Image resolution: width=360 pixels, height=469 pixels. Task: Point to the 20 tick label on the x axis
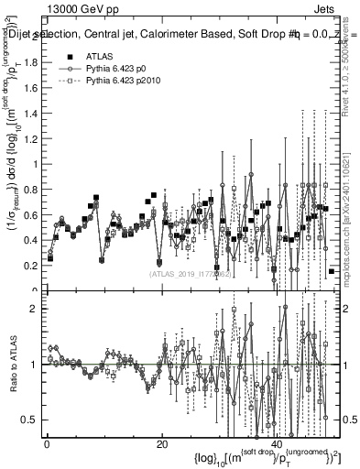[161, 444]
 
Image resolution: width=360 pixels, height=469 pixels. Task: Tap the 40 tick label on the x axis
[277, 444]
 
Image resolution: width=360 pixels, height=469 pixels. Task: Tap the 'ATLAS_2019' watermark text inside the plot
[184, 273]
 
